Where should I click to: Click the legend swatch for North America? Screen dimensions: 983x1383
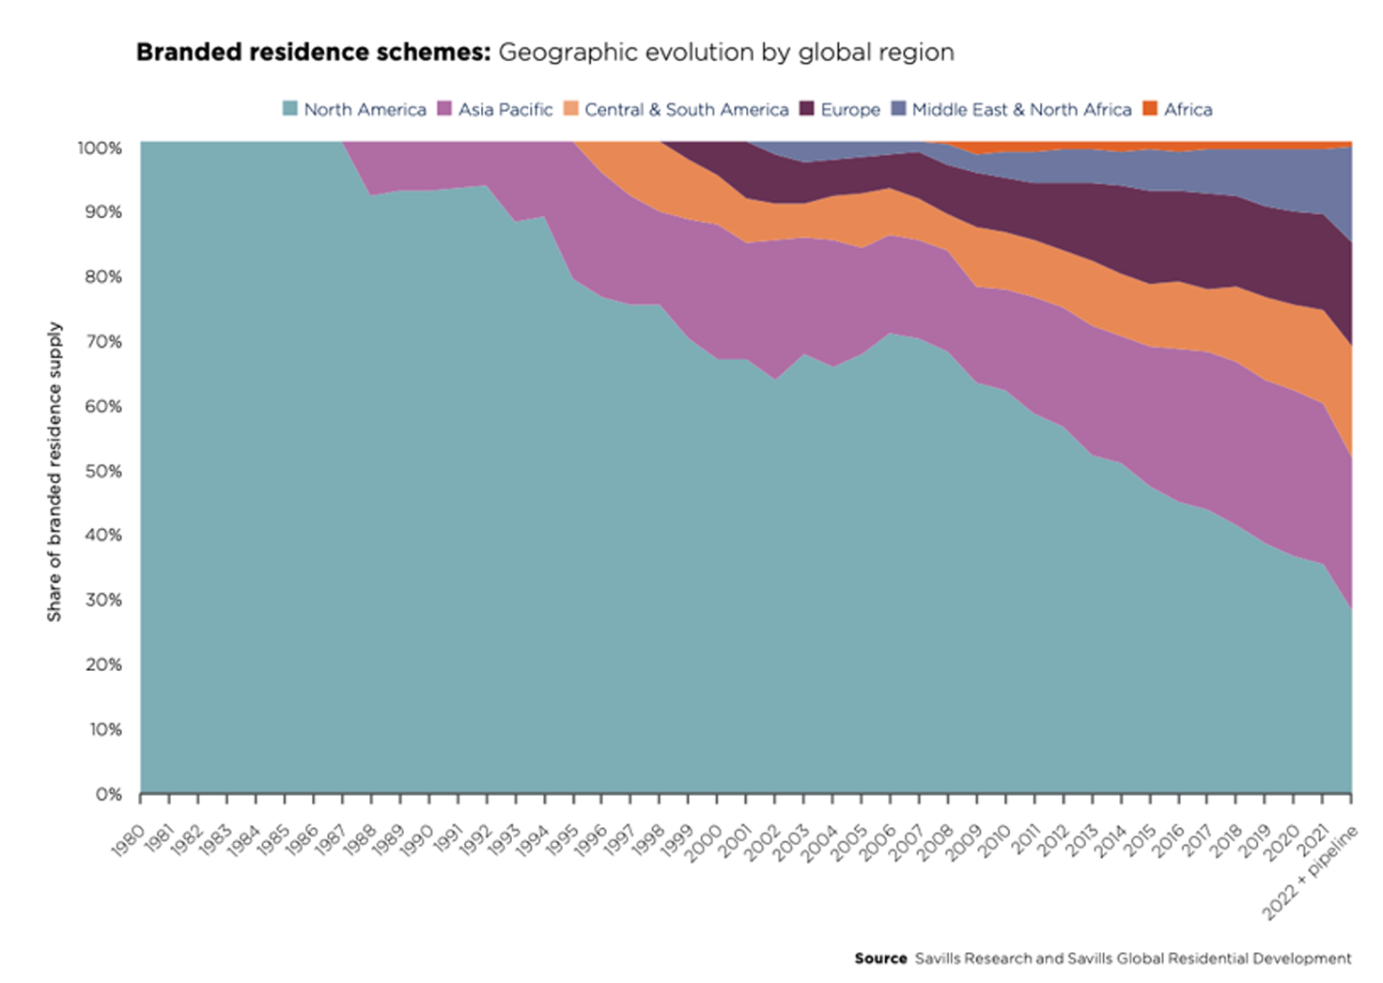(290, 109)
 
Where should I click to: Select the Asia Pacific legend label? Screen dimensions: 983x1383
(505, 109)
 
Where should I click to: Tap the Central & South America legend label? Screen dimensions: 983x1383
(686, 109)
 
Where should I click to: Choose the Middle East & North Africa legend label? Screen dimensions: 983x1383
(1021, 109)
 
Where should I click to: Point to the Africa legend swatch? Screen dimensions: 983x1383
(1150, 109)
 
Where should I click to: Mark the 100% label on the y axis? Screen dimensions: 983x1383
(100, 148)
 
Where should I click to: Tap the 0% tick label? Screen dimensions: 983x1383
(109, 794)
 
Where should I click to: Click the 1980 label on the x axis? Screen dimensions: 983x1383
(128, 839)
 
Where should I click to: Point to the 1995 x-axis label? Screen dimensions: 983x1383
(561, 839)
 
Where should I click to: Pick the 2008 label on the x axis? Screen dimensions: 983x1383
(936, 839)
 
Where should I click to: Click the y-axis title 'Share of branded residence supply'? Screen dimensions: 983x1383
(54, 472)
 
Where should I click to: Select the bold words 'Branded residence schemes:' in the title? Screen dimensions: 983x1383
(313, 52)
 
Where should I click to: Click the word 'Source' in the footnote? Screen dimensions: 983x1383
(880, 959)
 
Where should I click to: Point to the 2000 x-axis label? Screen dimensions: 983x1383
(705, 839)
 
